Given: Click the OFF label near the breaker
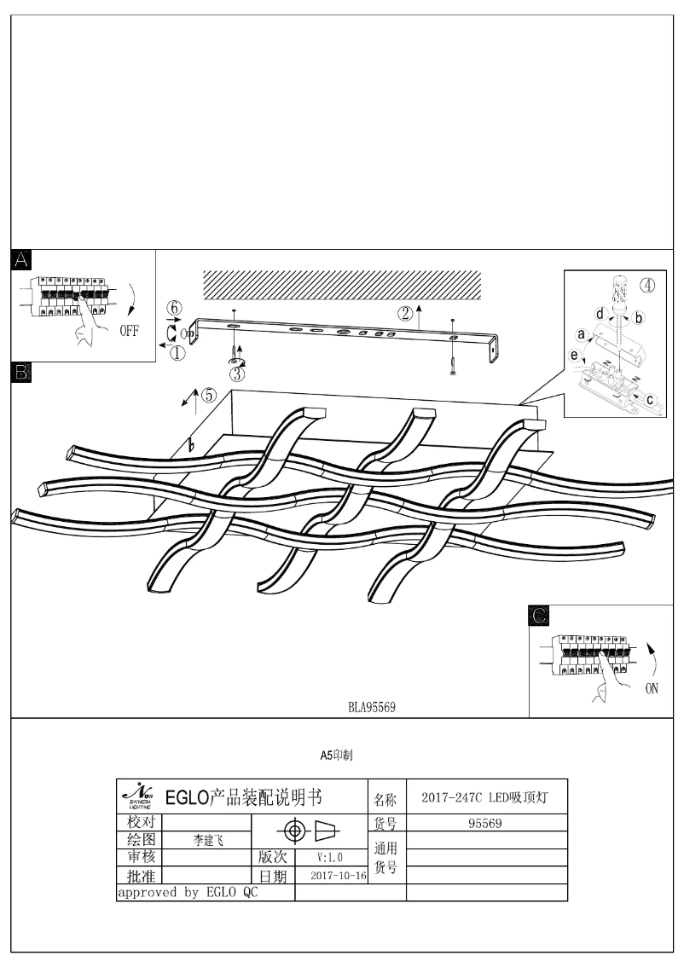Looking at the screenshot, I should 128,332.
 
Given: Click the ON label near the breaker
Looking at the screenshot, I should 651,689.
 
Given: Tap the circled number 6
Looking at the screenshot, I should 174,307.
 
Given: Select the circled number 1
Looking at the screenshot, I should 177,353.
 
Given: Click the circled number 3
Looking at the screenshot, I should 236,373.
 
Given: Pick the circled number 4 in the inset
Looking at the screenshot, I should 648,286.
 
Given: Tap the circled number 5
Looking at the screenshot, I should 209,395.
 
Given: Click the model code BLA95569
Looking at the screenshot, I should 371,707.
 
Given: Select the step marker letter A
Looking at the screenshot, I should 21,259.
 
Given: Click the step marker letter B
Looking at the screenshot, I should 21,371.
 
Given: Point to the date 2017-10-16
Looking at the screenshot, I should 339,876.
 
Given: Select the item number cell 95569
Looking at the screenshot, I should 485,824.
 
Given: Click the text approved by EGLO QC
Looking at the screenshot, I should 187,893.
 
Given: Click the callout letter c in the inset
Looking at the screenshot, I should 650,398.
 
